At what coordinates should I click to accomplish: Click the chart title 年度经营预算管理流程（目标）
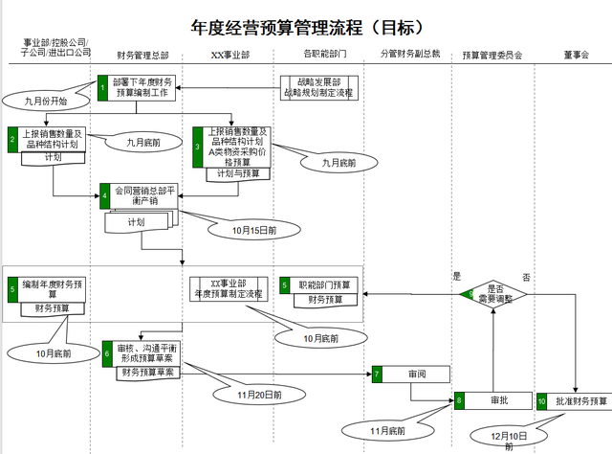[x=307, y=26]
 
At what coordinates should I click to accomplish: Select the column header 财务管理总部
[x=142, y=56]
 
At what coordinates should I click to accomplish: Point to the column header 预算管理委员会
[x=492, y=56]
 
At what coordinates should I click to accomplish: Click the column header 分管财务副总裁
[x=409, y=56]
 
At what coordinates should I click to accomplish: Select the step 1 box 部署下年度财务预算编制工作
[x=141, y=88]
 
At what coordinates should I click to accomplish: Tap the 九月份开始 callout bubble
[x=40, y=99]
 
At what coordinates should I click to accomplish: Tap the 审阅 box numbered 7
[x=410, y=375]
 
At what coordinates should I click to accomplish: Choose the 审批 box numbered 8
[x=492, y=400]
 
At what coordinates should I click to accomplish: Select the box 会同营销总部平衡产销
[x=143, y=195]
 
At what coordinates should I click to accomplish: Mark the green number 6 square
[x=107, y=352]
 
